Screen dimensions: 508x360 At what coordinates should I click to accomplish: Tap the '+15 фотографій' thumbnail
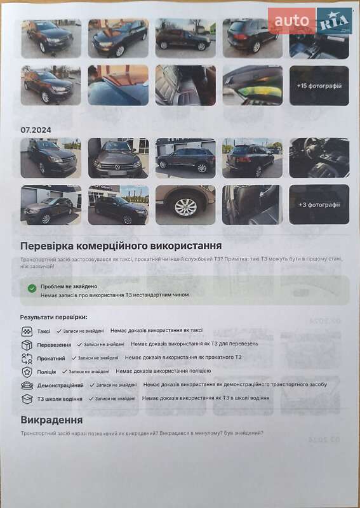(x=319, y=86)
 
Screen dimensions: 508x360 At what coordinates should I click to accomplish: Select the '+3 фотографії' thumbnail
(x=319, y=204)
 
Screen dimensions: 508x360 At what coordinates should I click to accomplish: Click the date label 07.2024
(x=36, y=130)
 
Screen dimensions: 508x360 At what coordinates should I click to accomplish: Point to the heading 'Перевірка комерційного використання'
(x=121, y=245)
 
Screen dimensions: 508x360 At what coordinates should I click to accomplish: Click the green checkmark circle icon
(x=32, y=288)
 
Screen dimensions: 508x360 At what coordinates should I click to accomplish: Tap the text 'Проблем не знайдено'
(x=69, y=286)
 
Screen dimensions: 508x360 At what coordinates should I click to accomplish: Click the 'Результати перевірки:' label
(x=53, y=316)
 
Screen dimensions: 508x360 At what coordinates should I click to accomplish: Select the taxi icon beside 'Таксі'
(x=27, y=331)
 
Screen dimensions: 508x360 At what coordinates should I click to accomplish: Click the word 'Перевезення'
(x=54, y=345)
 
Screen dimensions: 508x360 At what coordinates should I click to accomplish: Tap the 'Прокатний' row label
(x=51, y=358)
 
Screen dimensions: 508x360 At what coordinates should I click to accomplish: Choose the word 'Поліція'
(x=46, y=372)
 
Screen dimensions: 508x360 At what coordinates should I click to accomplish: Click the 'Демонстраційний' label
(x=60, y=385)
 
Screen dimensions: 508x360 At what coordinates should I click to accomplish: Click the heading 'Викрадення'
(x=51, y=420)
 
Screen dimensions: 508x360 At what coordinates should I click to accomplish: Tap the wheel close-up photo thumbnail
(x=185, y=204)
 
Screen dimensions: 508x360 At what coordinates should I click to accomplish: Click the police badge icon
(x=27, y=371)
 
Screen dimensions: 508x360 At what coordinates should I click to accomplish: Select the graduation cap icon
(x=27, y=399)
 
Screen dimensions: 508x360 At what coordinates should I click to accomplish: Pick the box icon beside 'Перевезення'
(x=27, y=345)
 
